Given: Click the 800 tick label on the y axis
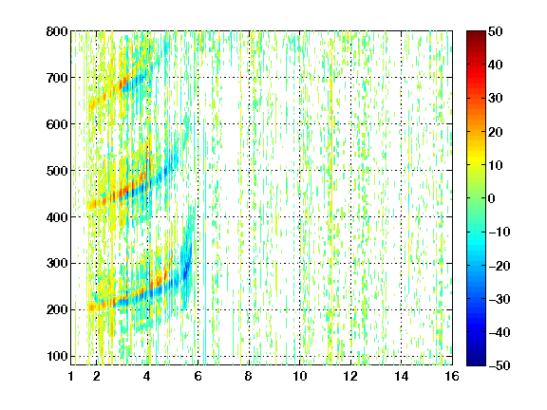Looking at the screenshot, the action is [57, 31].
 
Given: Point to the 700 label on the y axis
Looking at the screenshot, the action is [57, 78].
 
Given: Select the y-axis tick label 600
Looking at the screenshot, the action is [57, 124].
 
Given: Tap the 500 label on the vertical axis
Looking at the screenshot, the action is [57, 171].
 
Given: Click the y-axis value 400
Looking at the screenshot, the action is [57, 217].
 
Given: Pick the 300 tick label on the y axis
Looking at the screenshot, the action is [57, 263].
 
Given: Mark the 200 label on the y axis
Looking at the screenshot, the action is [57, 309].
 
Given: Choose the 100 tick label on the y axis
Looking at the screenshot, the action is [57, 356].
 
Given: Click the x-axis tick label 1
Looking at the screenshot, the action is [71, 376].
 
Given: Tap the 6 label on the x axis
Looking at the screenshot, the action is [198, 376].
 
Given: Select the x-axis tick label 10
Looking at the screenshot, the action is [300, 376].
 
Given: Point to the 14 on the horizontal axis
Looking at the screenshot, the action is [402, 376].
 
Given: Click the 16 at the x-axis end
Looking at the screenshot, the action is [452, 376].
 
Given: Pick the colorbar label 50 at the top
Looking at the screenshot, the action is [495, 31].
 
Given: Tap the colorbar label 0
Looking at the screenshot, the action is [492, 198].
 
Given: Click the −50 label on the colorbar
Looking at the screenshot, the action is [500, 365].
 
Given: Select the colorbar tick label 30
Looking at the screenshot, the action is [495, 98].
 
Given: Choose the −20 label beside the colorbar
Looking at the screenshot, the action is [500, 266].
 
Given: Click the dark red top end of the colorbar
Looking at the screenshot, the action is [476, 33].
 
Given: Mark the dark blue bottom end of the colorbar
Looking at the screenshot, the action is [476, 363].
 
